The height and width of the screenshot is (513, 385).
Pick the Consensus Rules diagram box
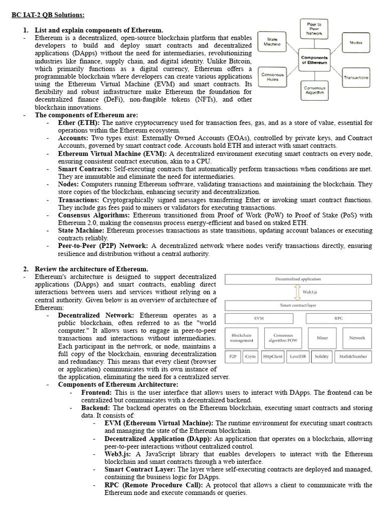(273, 77)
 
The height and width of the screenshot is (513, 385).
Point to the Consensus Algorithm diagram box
(314, 90)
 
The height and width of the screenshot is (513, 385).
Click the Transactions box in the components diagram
(356, 78)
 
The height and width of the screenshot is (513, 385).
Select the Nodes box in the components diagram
(356, 43)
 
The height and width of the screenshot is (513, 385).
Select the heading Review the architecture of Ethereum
(92, 269)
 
